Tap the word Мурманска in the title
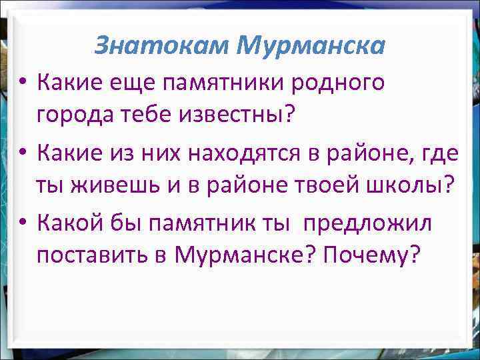311,45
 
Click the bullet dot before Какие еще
22,83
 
